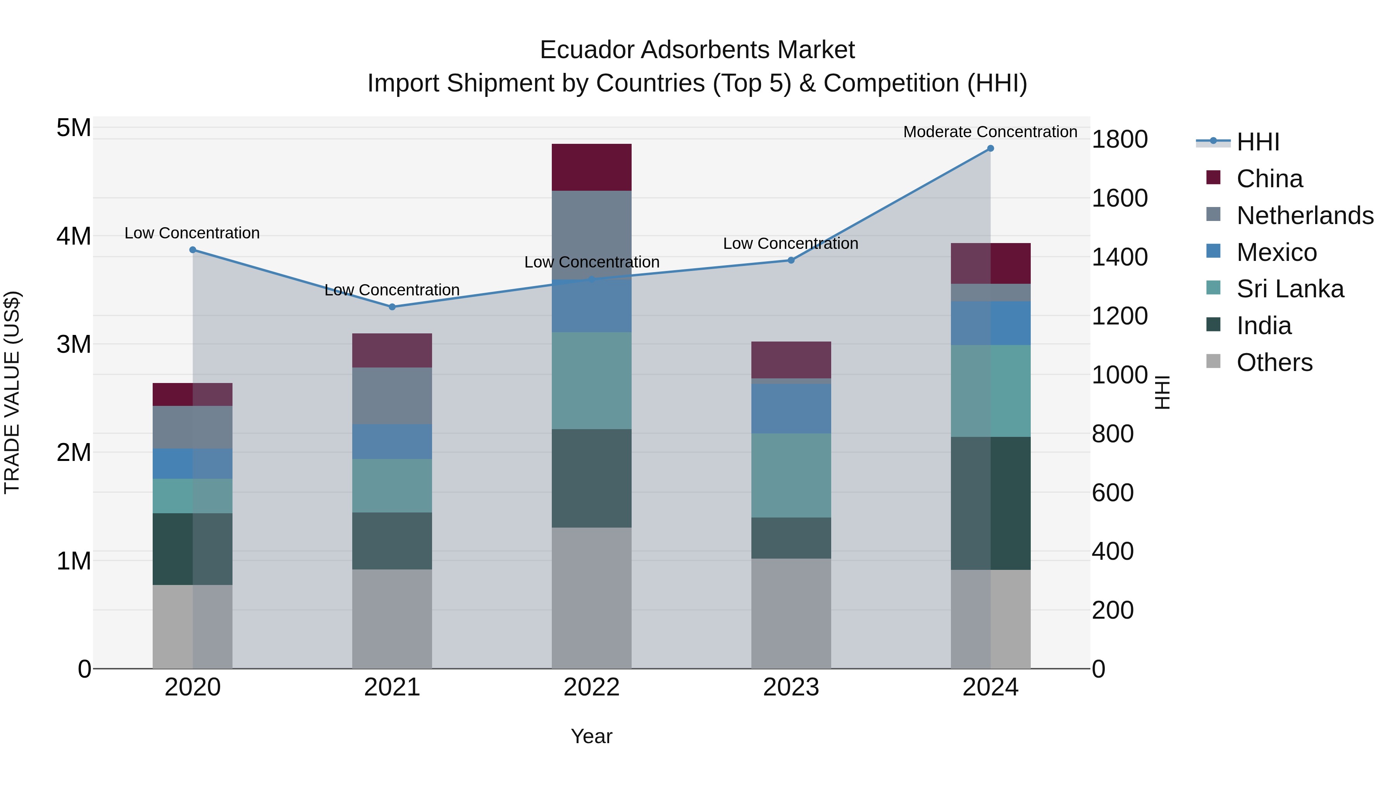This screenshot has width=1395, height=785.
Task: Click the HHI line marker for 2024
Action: pyautogui.click(x=990, y=148)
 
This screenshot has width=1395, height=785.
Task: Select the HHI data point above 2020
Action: pyautogui.click(x=193, y=250)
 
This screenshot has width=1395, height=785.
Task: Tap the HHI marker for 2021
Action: pyautogui.click(x=392, y=307)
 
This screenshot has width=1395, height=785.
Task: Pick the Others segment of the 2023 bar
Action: pyautogui.click(x=790, y=613)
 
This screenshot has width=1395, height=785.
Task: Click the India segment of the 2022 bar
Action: pyautogui.click(x=591, y=478)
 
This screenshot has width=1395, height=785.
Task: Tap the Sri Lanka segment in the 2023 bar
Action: pyautogui.click(x=790, y=475)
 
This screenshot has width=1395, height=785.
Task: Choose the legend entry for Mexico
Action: pyautogui.click(x=1276, y=252)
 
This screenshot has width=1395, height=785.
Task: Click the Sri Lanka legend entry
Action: pyautogui.click(x=1290, y=289)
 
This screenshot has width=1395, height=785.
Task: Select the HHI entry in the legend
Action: pyautogui.click(x=1257, y=142)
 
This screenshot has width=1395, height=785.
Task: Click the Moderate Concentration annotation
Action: pyautogui.click(x=990, y=132)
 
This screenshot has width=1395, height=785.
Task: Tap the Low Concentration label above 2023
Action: pyautogui.click(x=790, y=244)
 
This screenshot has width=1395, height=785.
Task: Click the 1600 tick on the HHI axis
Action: pyautogui.click(x=1119, y=198)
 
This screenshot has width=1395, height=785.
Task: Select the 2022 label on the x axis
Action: pyautogui.click(x=591, y=687)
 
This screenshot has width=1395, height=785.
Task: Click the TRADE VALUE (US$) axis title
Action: pyautogui.click(x=12, y=392)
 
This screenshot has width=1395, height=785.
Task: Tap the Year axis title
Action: pyautogui.click(x=591, y=736)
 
